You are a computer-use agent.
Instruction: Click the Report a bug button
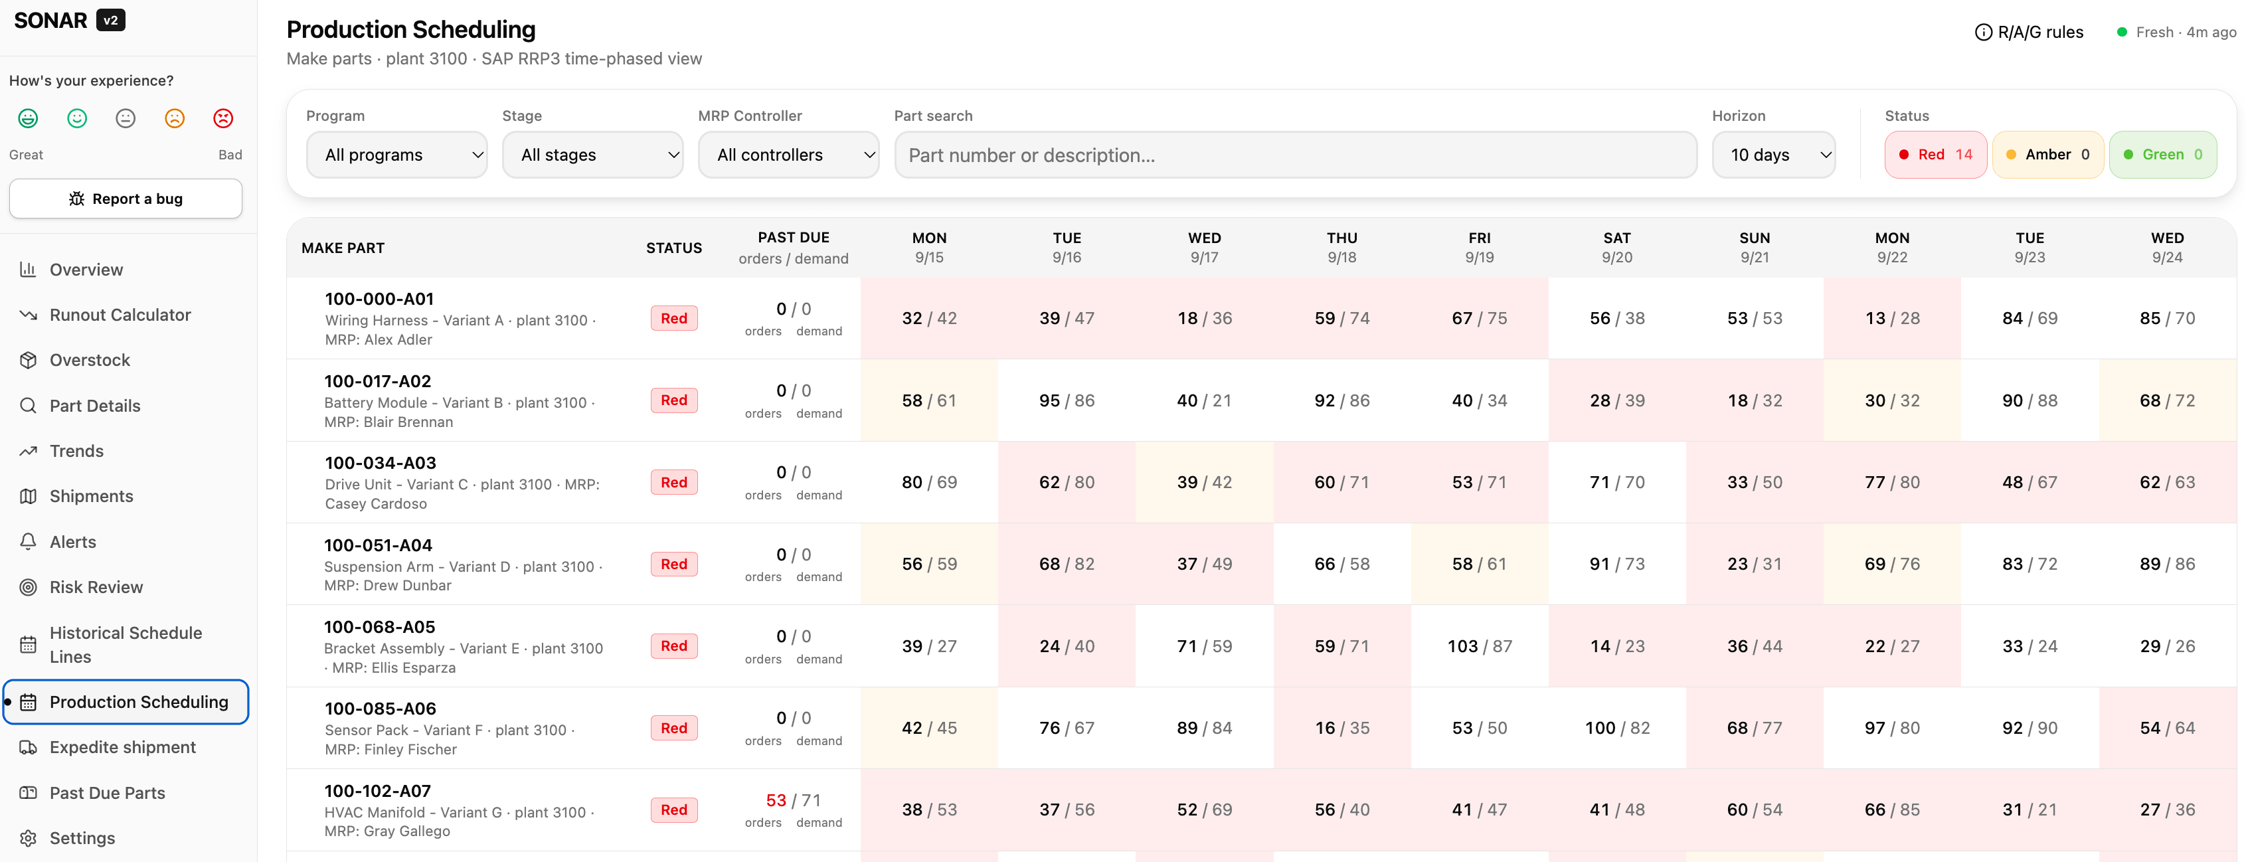click(126, 199)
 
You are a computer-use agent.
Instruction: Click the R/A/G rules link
click(2029, 33)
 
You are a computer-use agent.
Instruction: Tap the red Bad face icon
click(223, 118)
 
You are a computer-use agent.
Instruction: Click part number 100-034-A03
click(380, 463)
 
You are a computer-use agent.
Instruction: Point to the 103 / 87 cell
click(1480, 646)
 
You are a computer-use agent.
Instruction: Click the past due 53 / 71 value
click(794, 800)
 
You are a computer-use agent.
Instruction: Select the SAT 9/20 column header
click(1617, 248)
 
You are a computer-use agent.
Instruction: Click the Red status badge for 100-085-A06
click(674, 728)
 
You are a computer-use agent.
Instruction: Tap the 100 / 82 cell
click(1617, 728)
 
